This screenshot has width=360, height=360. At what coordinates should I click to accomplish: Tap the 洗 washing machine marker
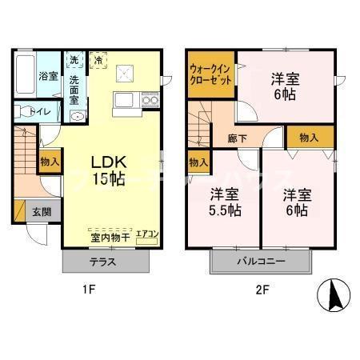click(x=74, y=60)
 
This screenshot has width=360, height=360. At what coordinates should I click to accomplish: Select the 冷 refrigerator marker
click(x=98, y=59)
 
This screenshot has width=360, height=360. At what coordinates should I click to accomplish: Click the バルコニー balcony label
click(x=260, y=261)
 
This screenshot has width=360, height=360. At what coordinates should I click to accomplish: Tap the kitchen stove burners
click(x=150, y=100)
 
